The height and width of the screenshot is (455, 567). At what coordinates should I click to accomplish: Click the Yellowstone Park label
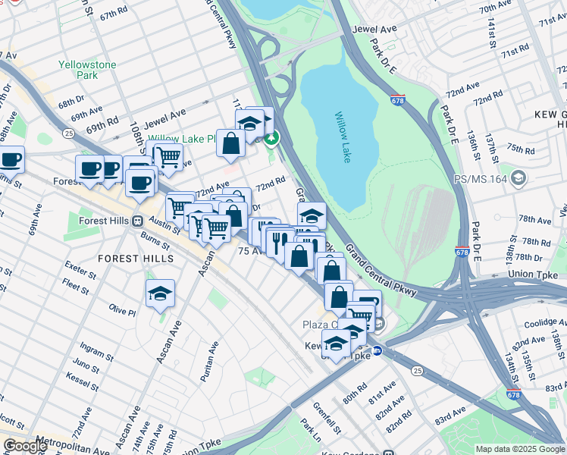88,70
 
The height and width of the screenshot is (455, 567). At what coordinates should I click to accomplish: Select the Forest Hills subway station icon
137,221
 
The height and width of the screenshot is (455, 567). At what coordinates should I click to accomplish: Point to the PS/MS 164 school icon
518,179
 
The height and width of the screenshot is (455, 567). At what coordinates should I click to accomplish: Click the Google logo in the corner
24,446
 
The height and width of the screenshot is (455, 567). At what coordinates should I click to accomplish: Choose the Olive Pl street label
122,311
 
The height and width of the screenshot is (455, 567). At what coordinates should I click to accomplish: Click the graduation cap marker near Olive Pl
160,293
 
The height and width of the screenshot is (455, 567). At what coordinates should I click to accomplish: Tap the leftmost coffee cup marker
10,159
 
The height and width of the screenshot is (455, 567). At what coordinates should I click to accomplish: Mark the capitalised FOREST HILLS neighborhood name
136,259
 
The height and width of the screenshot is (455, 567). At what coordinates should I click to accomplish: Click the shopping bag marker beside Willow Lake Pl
230,143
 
